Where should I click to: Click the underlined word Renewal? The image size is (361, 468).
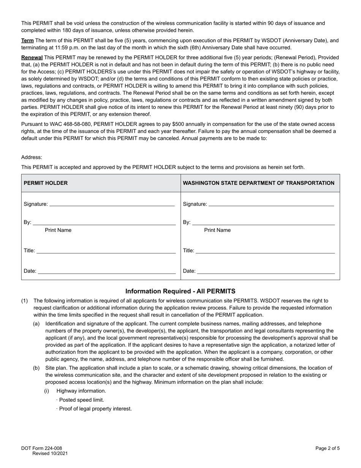(32, 58)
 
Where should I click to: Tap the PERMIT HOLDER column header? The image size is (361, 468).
(46, 183)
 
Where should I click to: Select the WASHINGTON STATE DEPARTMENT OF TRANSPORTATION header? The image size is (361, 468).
(258, 183)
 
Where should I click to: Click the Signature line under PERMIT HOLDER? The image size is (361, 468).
(112, 205)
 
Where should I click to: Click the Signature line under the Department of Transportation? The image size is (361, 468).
(271, 205)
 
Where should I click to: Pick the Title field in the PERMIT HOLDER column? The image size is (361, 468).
(106, 251)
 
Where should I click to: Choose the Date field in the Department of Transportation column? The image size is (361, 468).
(266, 272)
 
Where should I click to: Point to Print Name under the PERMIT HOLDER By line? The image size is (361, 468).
(58, 230)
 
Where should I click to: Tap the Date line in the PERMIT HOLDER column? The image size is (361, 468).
(107, 272)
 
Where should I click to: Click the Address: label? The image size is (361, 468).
(32, 157)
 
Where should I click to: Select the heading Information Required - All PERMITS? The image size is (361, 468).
(180, 291)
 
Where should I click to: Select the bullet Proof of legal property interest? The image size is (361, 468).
(95, 409)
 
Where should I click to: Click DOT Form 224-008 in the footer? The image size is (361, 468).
(41, 448)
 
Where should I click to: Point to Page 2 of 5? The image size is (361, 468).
(327, 448)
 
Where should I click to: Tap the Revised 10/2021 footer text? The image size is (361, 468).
(50, 454)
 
